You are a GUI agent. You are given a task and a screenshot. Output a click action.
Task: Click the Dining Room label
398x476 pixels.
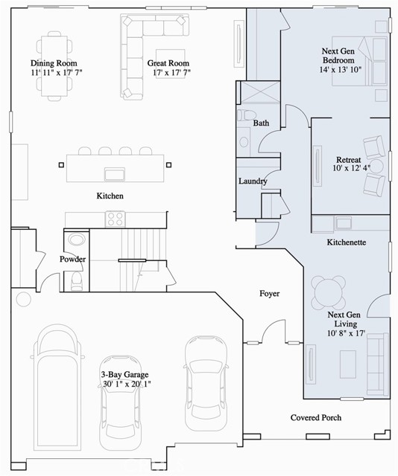click(x=54, y=63)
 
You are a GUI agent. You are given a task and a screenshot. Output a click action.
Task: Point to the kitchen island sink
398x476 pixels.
click(x=114, y=174)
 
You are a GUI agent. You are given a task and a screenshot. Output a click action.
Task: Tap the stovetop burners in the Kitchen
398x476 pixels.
click(x=116, y=219)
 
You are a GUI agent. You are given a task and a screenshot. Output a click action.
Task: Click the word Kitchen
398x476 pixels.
click(x=109, y=196)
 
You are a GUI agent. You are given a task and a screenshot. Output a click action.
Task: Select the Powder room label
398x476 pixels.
click(x=73, y=260)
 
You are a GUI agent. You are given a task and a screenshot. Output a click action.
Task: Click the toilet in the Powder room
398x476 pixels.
click(x=76, y=280)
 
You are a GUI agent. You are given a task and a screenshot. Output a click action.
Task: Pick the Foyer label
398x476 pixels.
click(x=269, y=294)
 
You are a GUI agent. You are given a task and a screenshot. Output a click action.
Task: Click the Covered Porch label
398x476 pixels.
click(x=316, y=418)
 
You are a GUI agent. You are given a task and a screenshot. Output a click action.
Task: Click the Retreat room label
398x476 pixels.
click(x=349, y=160)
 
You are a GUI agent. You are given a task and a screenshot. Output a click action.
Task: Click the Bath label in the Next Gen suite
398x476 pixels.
click(x=261, y=123)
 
